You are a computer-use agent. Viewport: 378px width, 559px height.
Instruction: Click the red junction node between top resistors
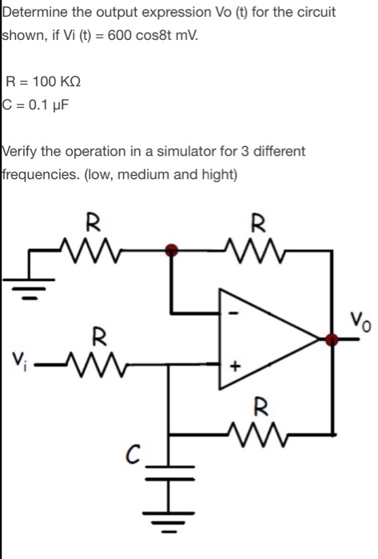(x=171, y=250)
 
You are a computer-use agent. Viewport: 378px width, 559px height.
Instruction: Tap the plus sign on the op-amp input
(x=235, y=369)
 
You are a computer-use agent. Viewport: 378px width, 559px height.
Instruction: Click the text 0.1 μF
(x=46, y=103)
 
